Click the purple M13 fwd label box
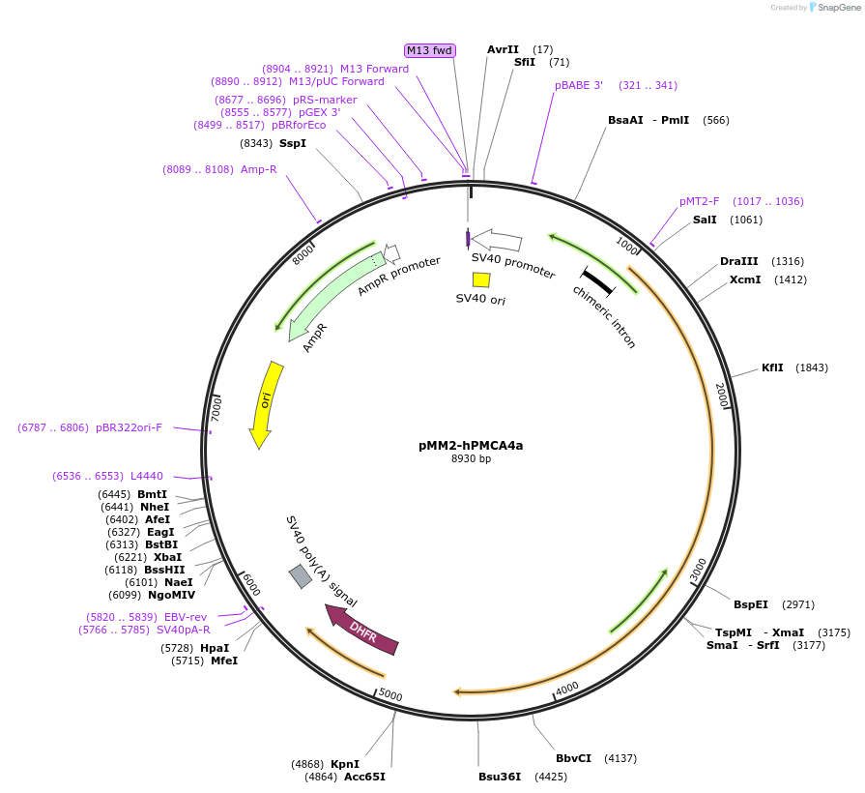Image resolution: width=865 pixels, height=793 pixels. [430, 50]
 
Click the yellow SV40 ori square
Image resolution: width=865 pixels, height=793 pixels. [480, 279]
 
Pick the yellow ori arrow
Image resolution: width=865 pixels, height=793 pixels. [265, 404]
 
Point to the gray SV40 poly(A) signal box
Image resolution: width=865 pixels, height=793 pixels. [301, 576]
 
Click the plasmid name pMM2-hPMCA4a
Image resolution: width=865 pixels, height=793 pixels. [471, 446]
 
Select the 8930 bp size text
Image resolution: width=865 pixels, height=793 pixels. [471, 459]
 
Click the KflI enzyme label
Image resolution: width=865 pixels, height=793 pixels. [772, 367]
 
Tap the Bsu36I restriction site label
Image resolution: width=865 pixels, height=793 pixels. [500, 776]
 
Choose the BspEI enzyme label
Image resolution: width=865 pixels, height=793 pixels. [750, 604]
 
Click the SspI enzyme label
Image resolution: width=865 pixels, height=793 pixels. [292, 143]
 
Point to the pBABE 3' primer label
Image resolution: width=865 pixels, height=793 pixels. [578, 85]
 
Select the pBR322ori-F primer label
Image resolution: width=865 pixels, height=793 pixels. [129, 426]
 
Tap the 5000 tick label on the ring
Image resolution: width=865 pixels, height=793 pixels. [389, 694]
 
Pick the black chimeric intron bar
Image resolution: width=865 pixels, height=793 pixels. [597, 280]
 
